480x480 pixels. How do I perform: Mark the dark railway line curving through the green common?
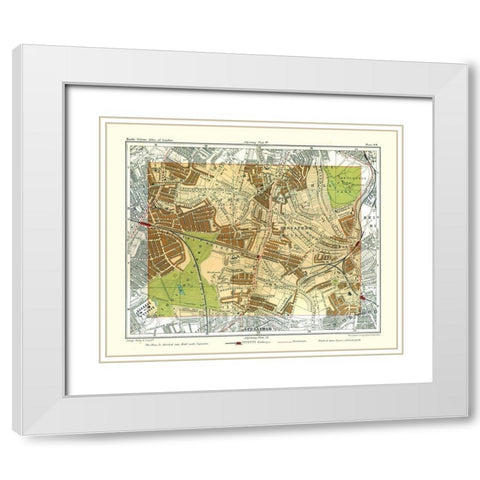206,290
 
